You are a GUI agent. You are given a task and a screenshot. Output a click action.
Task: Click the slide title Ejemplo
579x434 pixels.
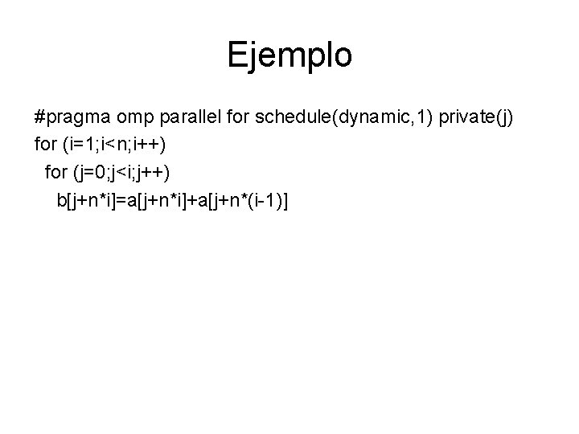[x=289, y=55]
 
